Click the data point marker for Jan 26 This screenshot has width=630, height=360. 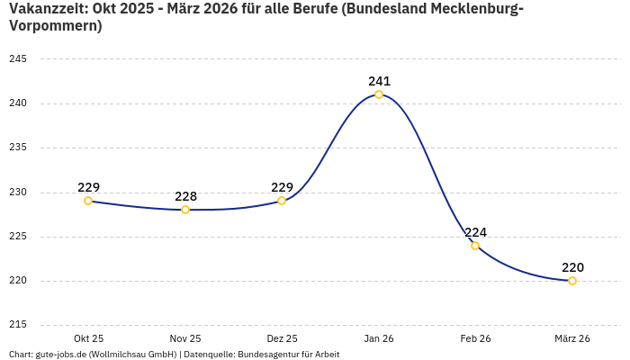point(379,94)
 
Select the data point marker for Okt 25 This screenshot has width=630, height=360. point(88,201)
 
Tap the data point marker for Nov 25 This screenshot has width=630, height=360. point(185,210)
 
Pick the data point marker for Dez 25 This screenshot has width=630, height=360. point(282,201)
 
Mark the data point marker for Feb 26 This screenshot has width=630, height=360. point(475,246)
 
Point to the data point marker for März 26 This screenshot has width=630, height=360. point(572,281)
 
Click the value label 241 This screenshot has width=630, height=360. point(379,81)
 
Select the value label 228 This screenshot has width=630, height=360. point(185,196)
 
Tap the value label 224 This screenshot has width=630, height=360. point(475,232)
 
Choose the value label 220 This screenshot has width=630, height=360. point(572,267)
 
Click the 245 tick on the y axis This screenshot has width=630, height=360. point(17,59)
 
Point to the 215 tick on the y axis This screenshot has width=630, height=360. point(17,325)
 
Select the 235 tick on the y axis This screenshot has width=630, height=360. point(17,148)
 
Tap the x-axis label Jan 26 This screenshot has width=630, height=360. point(379,338)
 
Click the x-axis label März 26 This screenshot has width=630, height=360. point(572,338)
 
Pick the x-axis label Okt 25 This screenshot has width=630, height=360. point(88,338)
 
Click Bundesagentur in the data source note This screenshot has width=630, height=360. point(265,355)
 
